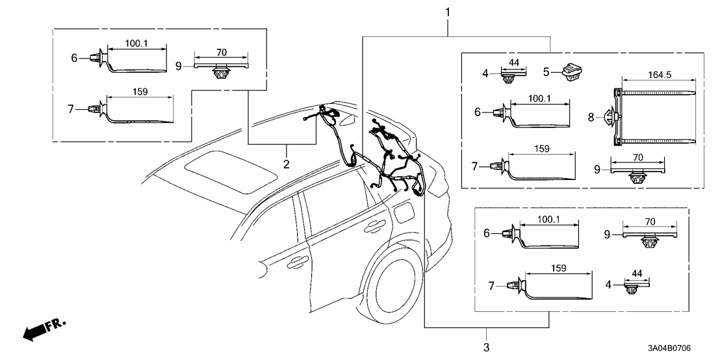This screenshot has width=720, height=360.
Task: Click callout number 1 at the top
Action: point(447,12)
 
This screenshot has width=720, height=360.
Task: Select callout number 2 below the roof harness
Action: point(286,162)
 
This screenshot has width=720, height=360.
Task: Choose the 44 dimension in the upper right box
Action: point(513,62)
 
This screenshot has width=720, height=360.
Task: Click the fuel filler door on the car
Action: point(403,212)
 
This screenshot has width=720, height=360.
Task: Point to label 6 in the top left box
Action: point(75,58)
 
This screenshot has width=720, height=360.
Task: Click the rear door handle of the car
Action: point(374,226)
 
